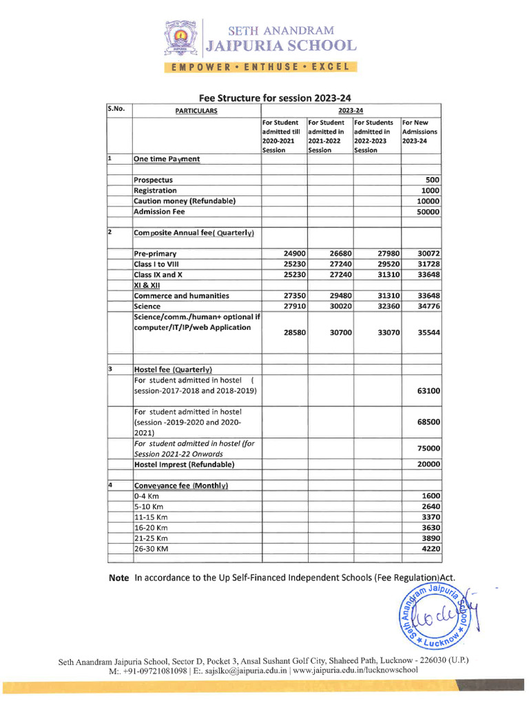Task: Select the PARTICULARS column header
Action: point(196,110)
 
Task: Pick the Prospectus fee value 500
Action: point(433,180)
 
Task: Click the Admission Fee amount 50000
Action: point(428,212)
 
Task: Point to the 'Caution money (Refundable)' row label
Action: point(185,201)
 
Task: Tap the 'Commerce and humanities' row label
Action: point(181,296)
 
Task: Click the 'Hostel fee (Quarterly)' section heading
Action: point(173,369)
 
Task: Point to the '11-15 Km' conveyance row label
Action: point(151,517)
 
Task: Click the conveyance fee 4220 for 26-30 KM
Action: point(431,549)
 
